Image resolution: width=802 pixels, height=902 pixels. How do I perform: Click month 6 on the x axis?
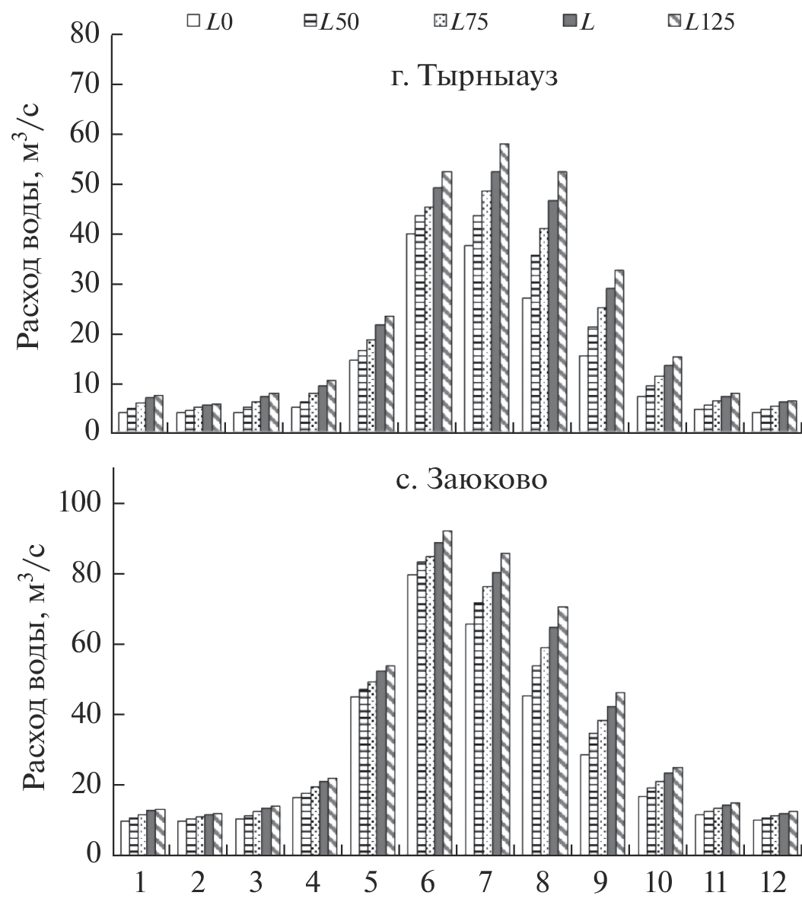428,883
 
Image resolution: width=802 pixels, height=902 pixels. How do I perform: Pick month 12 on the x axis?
772,883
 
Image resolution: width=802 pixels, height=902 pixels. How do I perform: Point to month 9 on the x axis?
600,883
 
